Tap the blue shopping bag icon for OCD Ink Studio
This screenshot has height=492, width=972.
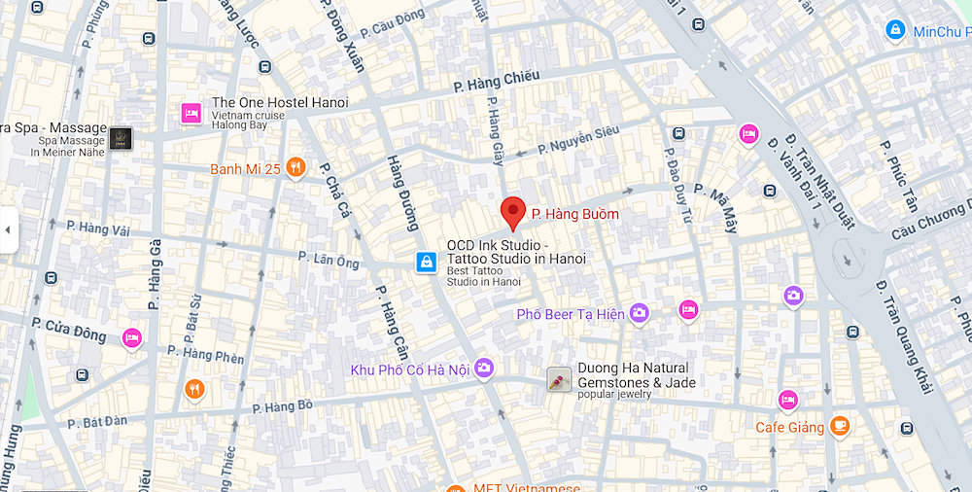[x=426, y=262]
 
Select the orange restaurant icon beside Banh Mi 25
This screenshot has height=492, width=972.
[x=296, y=168]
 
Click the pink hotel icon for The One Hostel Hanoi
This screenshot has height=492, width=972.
[x=191, y=114]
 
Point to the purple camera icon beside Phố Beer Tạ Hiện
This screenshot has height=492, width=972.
[x=639, y=312]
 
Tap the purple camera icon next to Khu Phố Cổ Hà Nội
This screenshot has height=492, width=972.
[x=484, y=368]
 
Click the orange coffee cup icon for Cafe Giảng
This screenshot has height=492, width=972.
[x=839, y=426]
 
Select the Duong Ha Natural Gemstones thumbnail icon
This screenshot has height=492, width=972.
[x=559, y=379]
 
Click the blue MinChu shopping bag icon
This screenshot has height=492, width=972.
[x=894, y=31]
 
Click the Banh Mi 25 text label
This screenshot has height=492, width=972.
[x=245, y=169]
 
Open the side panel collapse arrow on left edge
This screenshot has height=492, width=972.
[x=8, y=230]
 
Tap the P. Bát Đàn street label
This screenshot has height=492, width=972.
[x=96, y=422]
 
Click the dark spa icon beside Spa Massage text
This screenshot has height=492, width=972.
[x=121, y=138]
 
